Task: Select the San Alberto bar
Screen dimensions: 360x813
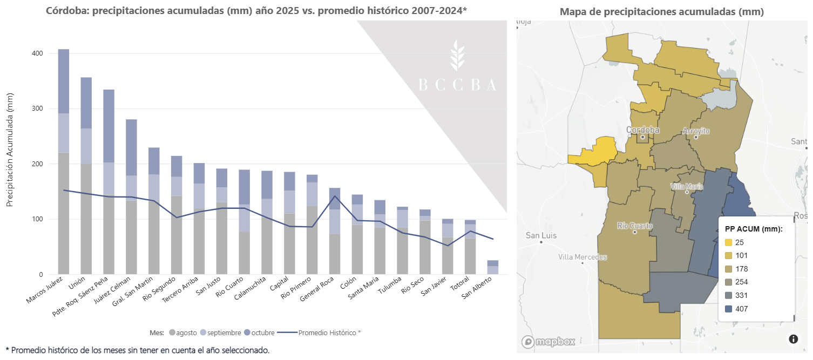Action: (493, 268)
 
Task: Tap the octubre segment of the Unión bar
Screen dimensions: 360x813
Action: (86, 103)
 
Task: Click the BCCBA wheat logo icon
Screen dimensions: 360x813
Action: (458, 56)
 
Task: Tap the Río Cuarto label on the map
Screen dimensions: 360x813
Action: (635, 226)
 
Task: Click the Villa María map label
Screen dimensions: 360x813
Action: (687, 186)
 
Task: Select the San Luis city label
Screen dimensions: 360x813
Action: (541, 235)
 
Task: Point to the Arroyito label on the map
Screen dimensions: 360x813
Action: (696, 131)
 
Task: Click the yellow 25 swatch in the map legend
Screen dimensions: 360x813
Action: (728, 242)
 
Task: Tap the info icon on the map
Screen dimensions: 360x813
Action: (793, 339)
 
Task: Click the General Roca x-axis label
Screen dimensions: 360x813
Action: (321, 290)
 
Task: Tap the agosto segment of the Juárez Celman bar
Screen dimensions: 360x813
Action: (131, 237)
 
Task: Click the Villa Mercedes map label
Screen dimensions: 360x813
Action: (582, 257)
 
